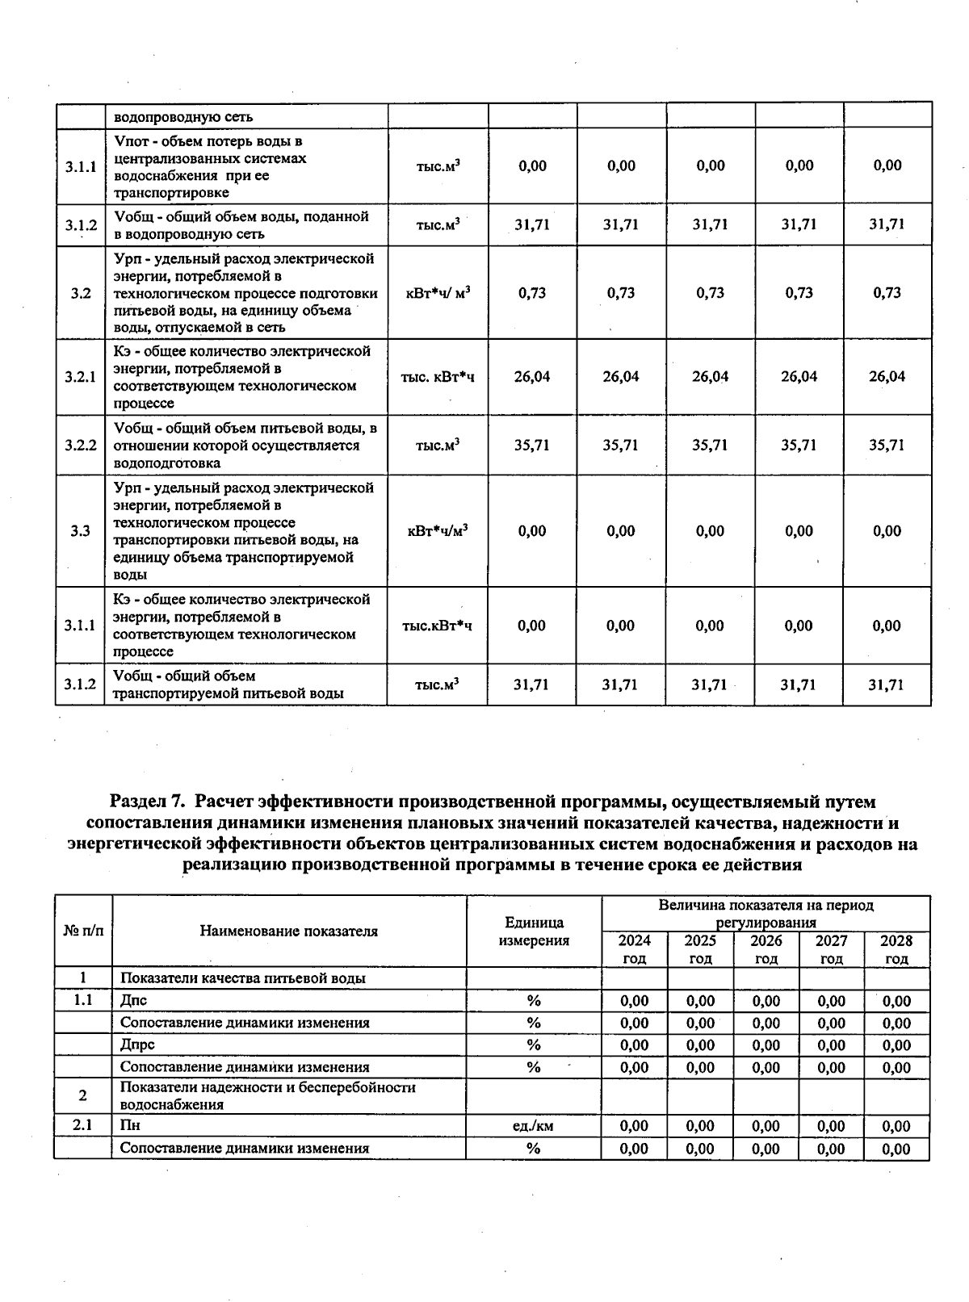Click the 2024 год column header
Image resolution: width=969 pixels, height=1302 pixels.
pos(634,949)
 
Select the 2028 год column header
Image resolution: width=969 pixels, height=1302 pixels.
pos(896,949)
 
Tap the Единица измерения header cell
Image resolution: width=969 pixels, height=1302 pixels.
pos(534,931)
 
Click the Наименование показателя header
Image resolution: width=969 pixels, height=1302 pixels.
pos(289,931)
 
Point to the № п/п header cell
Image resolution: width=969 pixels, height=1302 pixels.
pos(83,931)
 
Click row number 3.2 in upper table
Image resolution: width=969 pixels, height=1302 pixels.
pos(80,293)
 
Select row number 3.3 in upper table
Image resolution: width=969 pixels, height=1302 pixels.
pos(80,531)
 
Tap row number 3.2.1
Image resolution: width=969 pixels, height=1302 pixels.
pos(80,377)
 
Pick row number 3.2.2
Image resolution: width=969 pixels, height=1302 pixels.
pos(80,446)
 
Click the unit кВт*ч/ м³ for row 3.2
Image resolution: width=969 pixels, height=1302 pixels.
pos(438,293)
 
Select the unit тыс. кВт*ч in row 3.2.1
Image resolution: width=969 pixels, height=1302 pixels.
pos(438,377)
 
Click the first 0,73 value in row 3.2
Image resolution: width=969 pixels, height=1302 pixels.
pos(532,293)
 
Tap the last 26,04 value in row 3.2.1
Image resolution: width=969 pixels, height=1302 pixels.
pos(887,377)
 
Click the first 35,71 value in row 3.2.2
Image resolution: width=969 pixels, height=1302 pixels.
pos(532,446)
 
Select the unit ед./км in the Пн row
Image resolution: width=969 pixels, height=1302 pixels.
pos(533,1126)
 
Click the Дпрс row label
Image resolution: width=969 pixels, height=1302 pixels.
pos(137,1045)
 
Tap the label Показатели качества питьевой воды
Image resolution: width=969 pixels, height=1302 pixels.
pos(242,978)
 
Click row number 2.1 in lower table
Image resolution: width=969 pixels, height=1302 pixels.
pos(82,1126)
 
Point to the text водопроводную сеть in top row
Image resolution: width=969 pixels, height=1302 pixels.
pos(183,117)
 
